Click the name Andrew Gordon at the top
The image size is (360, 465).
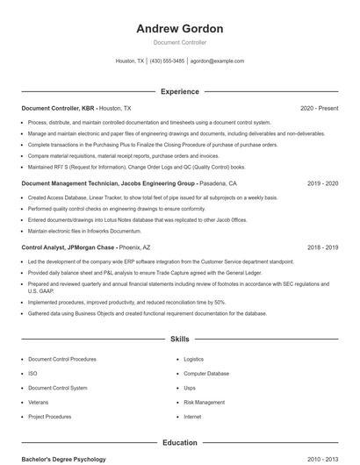coord(179,28)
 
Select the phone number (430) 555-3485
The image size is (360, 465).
coord(167,61)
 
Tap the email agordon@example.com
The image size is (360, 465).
coord(217,61)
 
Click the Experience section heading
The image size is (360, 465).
coord(179,91)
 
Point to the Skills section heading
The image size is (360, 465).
coord(179,339)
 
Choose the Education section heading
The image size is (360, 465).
coord(179,443)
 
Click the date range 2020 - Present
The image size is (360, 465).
coord(319,108)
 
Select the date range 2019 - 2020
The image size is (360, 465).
coord(322,184)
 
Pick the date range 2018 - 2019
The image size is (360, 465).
coord(322,247)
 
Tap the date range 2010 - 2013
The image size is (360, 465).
coord(322,459)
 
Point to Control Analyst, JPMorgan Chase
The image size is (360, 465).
coord(68,247)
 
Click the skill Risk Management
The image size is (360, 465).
coord(203,402)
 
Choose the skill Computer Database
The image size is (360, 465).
coord(206,373)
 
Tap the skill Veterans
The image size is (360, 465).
coord(39,402)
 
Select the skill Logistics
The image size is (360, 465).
coord(193,359)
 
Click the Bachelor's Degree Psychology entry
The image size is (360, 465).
coord(63,459)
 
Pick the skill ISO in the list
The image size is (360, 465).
coord(32,373)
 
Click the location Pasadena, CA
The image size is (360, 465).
coord(219,184)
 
